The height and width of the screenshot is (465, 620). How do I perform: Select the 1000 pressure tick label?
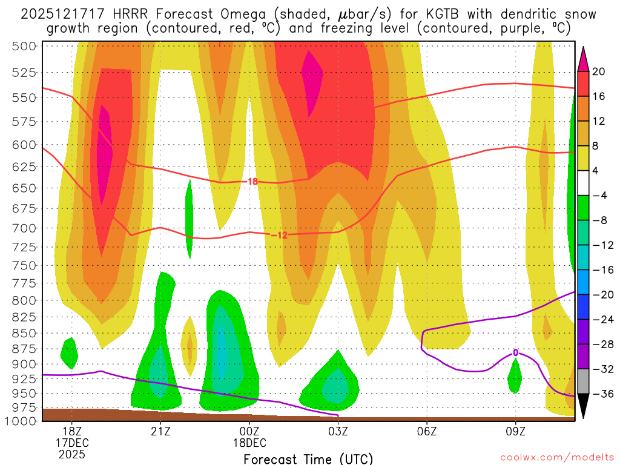pyautogui.click(x=22, y=421)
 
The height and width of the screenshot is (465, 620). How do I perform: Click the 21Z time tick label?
pyautogui.click(x=160, y=431)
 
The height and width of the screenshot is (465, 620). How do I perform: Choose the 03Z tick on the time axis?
pyautogui.click(x=338, y=431)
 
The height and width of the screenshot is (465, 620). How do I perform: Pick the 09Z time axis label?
pyautogui.click(x=515, y=431)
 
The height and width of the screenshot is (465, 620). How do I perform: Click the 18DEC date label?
pyautogui.click(x=249, y=442)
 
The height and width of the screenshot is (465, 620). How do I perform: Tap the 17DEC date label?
pyautogui.click(x=72, y=442)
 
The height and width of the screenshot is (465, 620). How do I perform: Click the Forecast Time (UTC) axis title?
pyautogui.click(x=308, y=458)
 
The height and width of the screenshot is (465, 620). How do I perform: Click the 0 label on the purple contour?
pyautogui.click(x=515, y=352)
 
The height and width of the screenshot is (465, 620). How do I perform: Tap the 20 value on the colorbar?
pyautogui.click(x=599, y=71)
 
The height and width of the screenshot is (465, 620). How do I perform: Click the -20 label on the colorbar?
pyautogui.click(x=601, y=295)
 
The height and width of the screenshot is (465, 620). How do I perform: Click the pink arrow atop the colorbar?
pyautogui.click(x=584, y=59)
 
